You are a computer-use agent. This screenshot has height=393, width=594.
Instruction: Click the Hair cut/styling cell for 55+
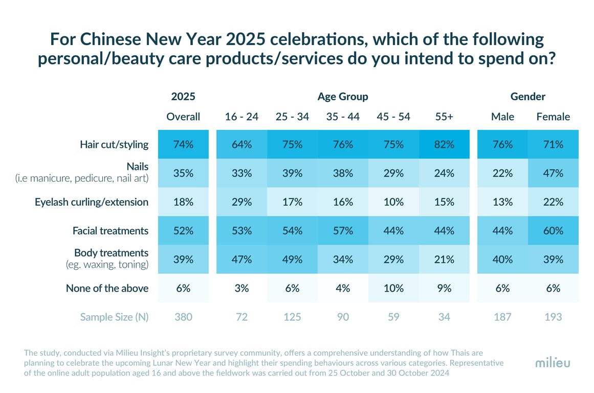[444, 144]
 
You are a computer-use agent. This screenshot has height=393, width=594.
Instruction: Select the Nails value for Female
[553, 173]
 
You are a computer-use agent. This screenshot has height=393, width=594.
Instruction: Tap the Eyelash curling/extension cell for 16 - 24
[241, 202]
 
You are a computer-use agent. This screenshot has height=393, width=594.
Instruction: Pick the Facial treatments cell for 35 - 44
[343, 231]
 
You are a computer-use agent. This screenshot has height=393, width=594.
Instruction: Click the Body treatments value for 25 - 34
[292, 259]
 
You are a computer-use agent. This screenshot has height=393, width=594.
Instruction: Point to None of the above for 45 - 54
[393, 288]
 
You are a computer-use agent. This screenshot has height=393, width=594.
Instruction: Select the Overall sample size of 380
[183, 317]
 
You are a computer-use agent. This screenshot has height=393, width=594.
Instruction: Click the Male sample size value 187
[502, 317]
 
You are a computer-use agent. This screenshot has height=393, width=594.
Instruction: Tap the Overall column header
[183, 117]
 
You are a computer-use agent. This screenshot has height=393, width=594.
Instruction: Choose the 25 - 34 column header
[292, 117]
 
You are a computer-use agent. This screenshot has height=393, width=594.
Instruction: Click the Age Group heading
[343, 96]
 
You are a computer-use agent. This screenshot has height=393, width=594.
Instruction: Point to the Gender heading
[528, 96]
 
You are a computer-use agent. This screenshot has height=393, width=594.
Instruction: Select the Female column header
[553, 117]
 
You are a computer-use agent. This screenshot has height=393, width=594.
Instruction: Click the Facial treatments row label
[111, 231]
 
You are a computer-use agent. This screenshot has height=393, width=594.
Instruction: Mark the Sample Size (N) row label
[114, 317]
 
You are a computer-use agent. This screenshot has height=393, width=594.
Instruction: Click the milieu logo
[553, 362]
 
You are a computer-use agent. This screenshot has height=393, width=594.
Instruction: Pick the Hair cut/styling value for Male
[502, 144]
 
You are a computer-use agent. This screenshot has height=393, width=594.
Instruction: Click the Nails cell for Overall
[183, 173]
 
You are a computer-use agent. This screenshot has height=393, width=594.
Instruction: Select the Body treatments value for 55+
[444, 259]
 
